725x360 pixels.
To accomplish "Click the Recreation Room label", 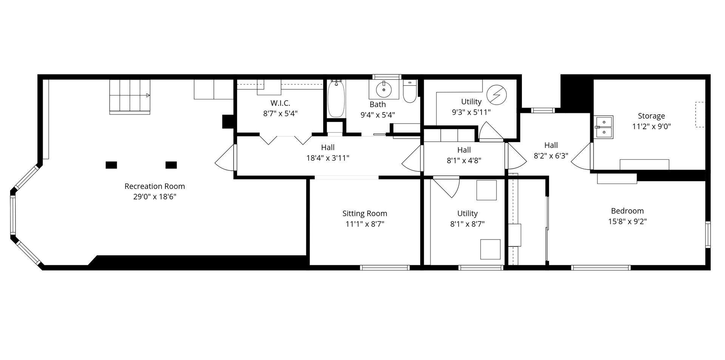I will tap(154, 186).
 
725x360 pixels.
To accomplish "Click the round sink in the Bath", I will tap(384, 90).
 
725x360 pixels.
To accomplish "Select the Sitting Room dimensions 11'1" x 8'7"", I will tap(364, 224).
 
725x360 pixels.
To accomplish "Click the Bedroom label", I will tap(627, 211).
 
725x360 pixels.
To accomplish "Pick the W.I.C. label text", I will tap(280, 103).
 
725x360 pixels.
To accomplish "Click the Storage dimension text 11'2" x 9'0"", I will tap(651, 127).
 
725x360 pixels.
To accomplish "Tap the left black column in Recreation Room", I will tap(111, 165).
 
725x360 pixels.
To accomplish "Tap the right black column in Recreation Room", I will tap(171, 165).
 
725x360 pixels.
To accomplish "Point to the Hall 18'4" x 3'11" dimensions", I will tap(327, 158).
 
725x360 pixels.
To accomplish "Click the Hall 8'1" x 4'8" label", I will tap(464, 150).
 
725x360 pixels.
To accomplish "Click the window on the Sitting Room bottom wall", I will tap(384, 267).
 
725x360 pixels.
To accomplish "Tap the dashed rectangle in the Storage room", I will tap(700, 114).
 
